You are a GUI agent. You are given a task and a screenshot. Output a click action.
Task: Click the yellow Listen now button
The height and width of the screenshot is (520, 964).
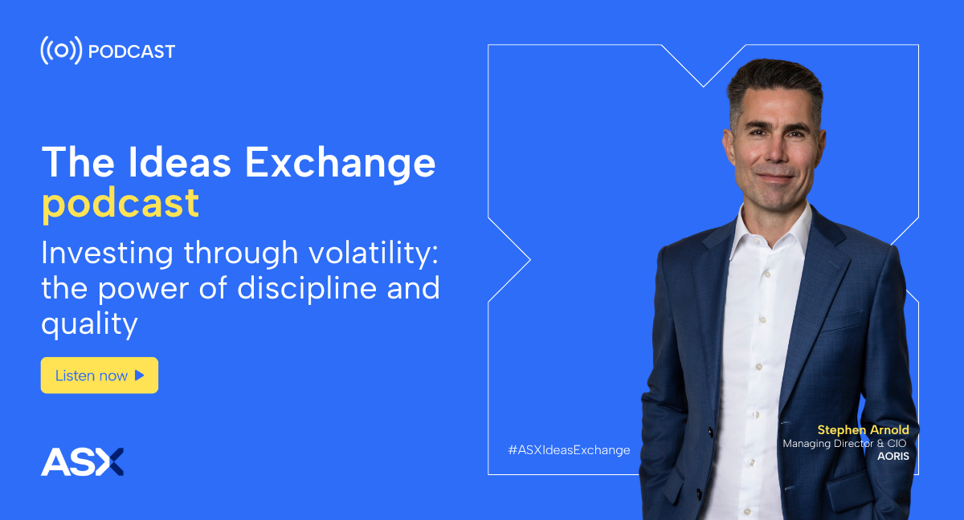tap(100, 376)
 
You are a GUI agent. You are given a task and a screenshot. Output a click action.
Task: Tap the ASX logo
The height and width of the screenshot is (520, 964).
tap(82, 462)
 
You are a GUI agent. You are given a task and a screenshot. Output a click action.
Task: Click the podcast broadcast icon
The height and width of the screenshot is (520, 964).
tap(61, 51)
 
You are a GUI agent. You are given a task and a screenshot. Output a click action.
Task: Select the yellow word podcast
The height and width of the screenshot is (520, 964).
tap(120, 204)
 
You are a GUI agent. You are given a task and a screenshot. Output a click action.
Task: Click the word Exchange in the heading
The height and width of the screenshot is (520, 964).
tap(340, 162)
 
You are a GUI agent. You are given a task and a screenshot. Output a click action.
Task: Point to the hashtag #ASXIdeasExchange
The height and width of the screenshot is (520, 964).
tap(569, 450)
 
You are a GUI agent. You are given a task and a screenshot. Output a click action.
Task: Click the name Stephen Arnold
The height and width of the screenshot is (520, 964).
tap(864, 430)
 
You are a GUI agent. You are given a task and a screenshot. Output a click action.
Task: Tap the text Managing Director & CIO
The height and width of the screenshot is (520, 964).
tap(844, 444)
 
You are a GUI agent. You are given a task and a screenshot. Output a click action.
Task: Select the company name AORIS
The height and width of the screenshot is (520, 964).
tap(893, 457)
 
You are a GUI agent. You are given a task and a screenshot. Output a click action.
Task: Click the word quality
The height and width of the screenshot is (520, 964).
tap(89, 324)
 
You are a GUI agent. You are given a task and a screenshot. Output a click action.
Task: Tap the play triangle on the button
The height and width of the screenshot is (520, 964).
tap(139, 376)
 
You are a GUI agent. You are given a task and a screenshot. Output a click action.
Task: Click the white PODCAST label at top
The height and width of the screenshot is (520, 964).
tap(131, 51)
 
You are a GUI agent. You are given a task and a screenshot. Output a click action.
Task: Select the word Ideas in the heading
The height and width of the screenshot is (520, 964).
tap(180, 162)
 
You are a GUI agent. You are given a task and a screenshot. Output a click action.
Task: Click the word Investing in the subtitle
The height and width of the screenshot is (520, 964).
tap(107, 254)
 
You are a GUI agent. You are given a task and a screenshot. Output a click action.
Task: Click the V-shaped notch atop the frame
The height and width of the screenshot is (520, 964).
tap(704, 86)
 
